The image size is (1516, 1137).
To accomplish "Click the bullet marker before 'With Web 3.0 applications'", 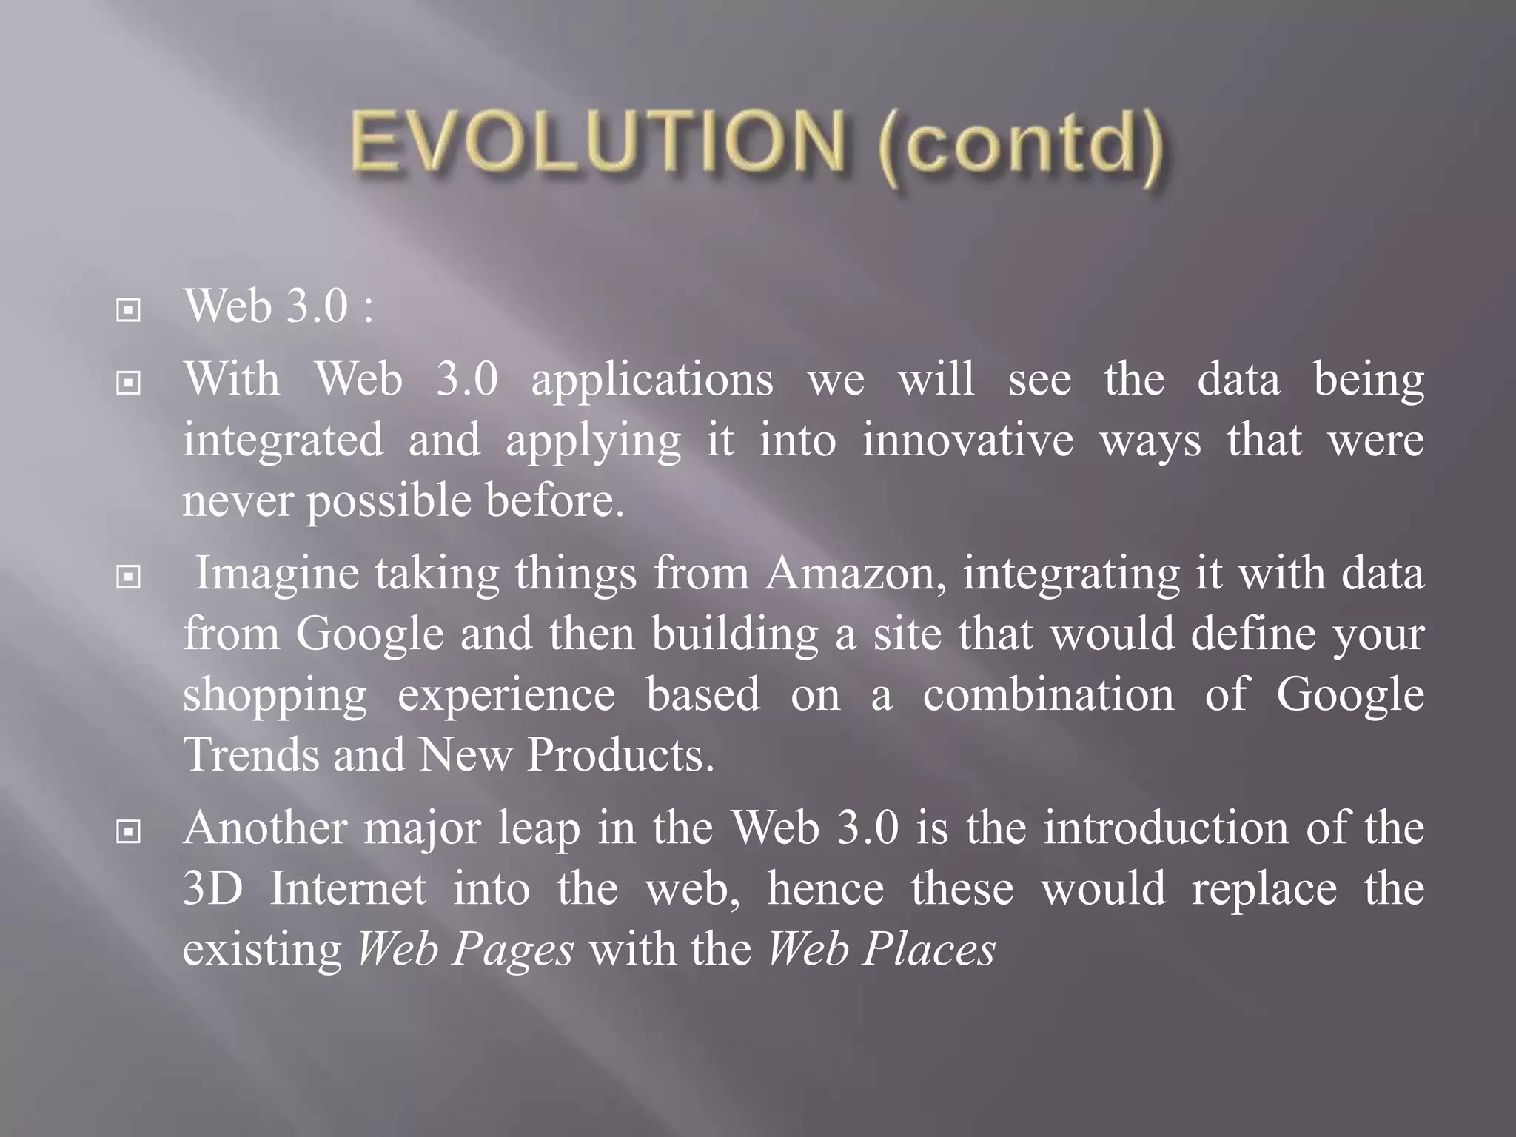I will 129,383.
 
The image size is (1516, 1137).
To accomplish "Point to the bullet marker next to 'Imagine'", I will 129,577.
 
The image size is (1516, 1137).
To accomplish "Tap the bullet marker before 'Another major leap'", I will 129,832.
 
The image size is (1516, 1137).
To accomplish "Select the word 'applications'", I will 652,382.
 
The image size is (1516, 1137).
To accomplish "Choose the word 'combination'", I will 1048,696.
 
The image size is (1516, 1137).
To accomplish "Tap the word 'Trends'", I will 249,756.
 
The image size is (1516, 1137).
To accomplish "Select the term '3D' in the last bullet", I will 212,889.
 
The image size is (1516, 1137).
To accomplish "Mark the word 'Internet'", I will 348,889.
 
